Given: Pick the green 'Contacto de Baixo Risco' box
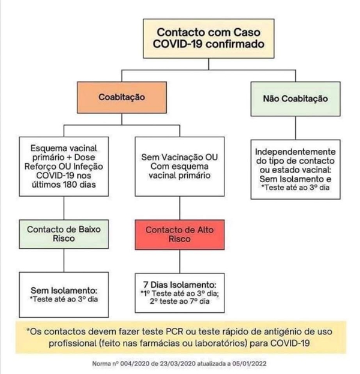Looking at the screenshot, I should tap(64, 233).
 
